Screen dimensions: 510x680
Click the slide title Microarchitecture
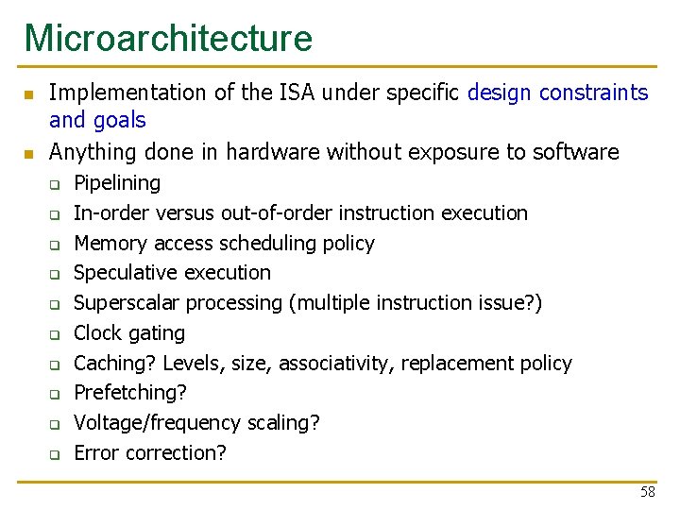168,38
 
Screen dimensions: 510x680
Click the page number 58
647,492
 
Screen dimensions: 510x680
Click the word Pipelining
117,183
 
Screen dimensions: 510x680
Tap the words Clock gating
129,333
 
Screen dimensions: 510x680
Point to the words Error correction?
150,453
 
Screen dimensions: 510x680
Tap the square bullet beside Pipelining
56,184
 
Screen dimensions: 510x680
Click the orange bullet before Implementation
28,94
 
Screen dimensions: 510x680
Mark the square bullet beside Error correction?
56,454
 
